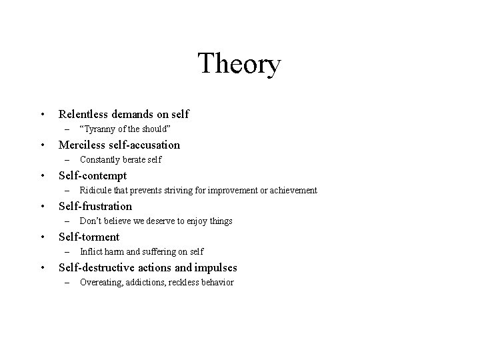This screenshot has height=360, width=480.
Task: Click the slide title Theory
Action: pyautogui.click(x=239, y=65)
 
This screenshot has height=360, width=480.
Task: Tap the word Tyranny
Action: pyautogui.click(x=103, y=129)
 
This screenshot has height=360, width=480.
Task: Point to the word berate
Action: pyautogui.click(x=134, y=159)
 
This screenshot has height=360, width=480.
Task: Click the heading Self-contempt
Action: pyautogui.click(x=93, y=175)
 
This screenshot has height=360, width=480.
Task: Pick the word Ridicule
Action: pyautogui.click(x=95, y=190)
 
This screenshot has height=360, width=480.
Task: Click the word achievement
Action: pyautogui.click(x=290, y=190)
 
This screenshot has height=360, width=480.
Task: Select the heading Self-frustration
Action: pyautogui.click(x=95, y=206)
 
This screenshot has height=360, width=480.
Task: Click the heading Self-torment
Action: pyautogui.click(x=89, y=237)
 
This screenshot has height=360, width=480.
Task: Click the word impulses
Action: pyautogui.click(x=215, y=267)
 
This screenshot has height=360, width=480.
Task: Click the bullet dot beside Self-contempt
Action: pyautogui.click(x=42, y=176)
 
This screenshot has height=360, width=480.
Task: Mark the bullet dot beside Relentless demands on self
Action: pyautogui.click(x=42, y=115)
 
